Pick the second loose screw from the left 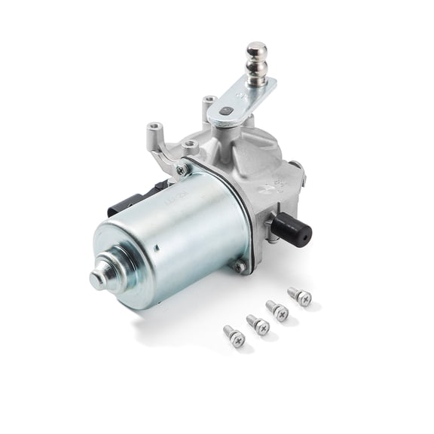[x=257, y=325]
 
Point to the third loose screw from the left [x=277, y=310]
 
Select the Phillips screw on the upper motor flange [x=181, y=170]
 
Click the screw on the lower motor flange [x=240, y=266]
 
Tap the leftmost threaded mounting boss [x=155, y=129]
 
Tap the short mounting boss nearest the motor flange [x=191, y=145]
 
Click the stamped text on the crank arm [x=249, y=94]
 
